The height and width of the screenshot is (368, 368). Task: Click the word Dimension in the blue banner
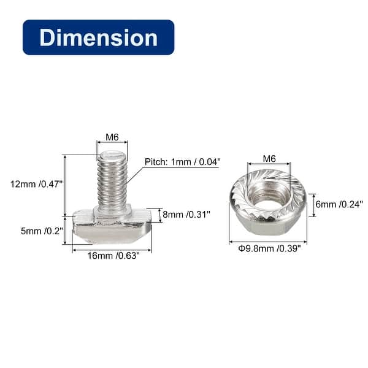[x=98, y=37]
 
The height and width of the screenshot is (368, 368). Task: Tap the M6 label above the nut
[x=269, y=158]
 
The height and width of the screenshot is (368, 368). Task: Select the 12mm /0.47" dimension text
[x=37, y=184]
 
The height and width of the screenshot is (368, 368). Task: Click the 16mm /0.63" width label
[x=111, y=256]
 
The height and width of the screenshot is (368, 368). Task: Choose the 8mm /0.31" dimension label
[x=186, y=214]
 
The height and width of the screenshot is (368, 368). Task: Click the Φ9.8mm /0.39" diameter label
[x=268, y=248]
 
